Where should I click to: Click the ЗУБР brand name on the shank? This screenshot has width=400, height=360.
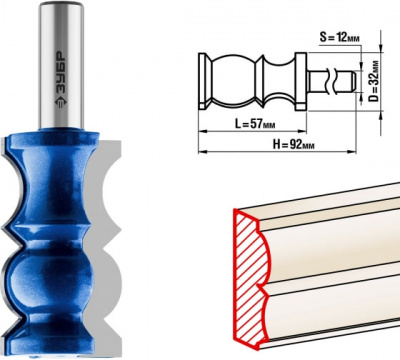(60, 72)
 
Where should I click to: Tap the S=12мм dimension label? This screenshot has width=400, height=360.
(340, 37)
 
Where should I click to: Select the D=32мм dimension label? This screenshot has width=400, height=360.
(374, 81)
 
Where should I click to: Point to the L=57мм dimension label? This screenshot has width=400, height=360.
(255, 124)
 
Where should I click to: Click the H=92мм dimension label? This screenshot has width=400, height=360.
(293, 144)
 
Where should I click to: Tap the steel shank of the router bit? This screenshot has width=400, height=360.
(61, 65)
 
